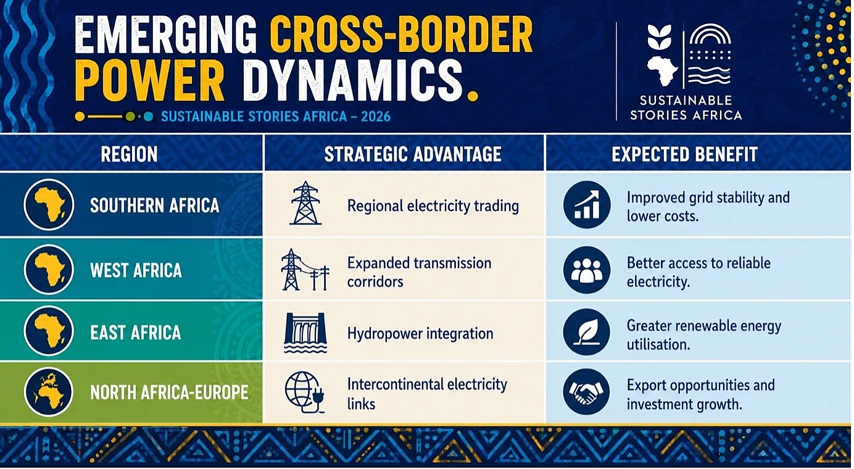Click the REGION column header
(x=129, y=154)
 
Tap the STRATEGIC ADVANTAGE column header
(x=413, y=154)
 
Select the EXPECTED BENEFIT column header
(x=684, y=154)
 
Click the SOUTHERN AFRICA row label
(x=154, y=205)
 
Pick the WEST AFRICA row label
(x=136, y=270)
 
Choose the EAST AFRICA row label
(x=135, y=333)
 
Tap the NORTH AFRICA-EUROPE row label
(x=169, y=392)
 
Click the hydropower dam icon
(x=305, y=333)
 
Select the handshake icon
(x=586, y=392)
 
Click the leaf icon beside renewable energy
(x=586, y=332)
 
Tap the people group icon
(x=586, y=270)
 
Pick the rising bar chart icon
(x=586, y=205)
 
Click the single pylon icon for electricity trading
(x=305, y=203)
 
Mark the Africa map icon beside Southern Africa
(x=49, y=205)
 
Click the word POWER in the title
(x=149, y=80)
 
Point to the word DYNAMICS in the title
(x=354, y=80)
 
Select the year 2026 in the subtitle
(x=376, y=116)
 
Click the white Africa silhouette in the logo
(x=663, y=71)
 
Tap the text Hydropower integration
(x=420, y=334)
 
